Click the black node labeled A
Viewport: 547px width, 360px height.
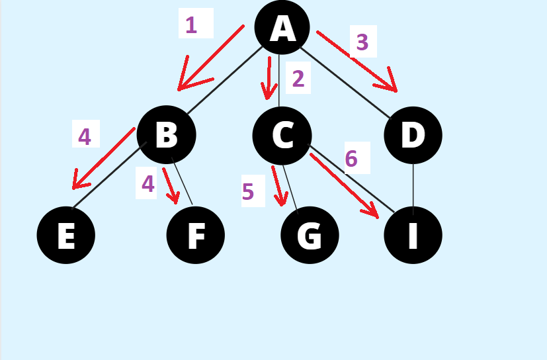[x=282, y=28]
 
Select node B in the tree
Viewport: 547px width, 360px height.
[x=167, y=135]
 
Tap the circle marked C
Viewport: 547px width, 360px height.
[x=282, y=135]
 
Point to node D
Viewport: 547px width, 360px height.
[x=413, y=135]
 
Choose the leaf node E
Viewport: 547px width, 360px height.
[x=66, y=235]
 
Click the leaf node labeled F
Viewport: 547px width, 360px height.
[x=196, y=235]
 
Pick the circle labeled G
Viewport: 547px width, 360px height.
[x=310, y=235]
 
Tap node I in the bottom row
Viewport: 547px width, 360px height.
[x=413, y=235]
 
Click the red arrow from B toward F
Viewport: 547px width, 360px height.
[x=171, y=186]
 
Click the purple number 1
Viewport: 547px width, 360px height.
[x=191, y=25]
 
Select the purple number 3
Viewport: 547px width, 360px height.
[x=362, y=42]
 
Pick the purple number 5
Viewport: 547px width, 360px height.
[x=248, y=192]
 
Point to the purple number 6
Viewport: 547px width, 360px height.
[x=351, y=159]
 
